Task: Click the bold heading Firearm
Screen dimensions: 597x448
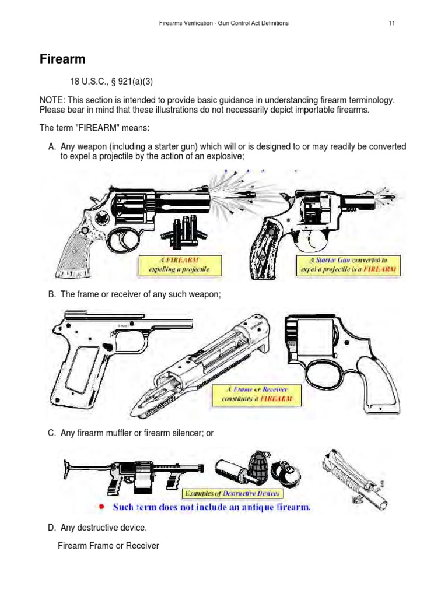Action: [62, 59]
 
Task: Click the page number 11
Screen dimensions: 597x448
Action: [392, 23]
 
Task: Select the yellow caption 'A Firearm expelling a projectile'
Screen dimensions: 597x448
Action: [173, 264]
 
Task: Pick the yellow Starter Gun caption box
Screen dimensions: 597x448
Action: [348, 264]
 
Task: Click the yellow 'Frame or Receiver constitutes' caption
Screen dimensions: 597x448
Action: [257, 395]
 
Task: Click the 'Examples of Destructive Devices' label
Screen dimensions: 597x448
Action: [228, 493]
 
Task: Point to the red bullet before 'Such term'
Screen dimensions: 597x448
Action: [101, 507]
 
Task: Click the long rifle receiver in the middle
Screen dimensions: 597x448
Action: [198, 367]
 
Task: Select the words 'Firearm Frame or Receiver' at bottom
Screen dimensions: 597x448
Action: [108, 546]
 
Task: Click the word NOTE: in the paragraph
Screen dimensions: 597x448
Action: [52, 100]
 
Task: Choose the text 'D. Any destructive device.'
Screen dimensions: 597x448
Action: [97, 528]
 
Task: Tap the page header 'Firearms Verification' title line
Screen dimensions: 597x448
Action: [223, 23]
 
